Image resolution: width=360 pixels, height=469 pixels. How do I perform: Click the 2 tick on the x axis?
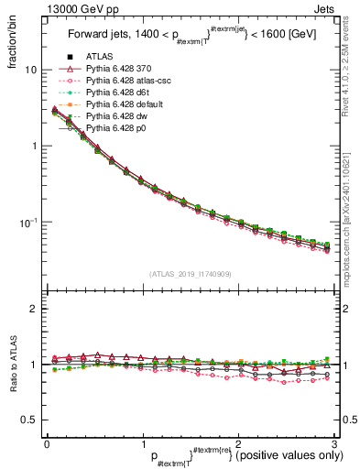(x=238, y=444)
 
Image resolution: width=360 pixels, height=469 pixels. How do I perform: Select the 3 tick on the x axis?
(x=333, y=444)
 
